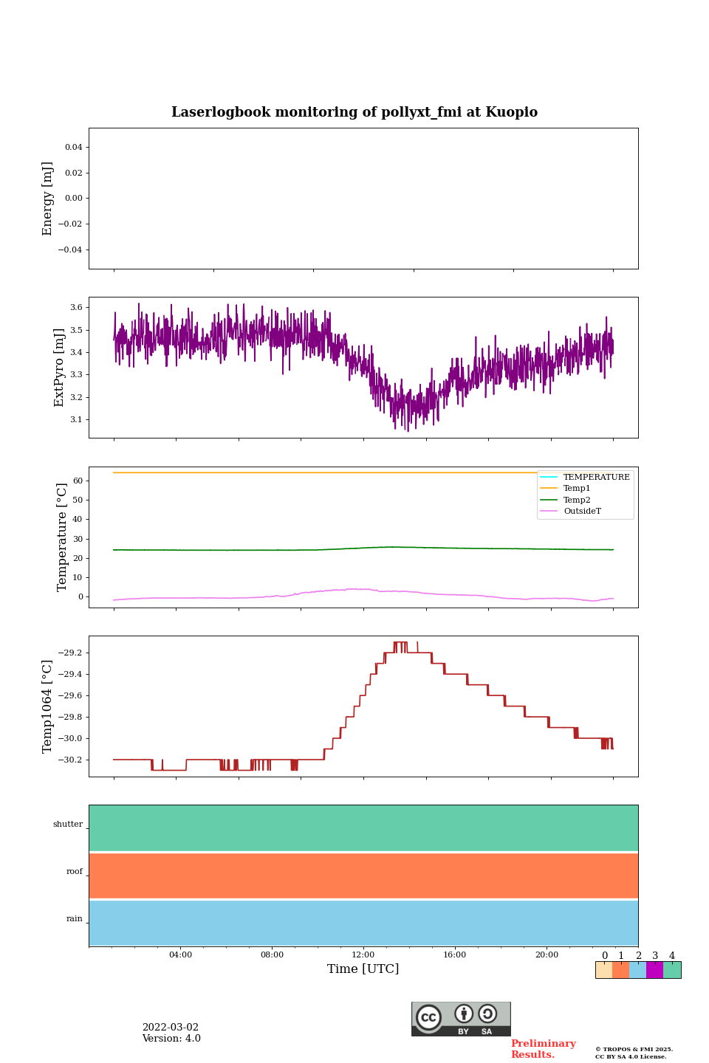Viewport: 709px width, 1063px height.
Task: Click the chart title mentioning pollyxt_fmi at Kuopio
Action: coord(354,112)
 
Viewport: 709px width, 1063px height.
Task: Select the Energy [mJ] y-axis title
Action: coord(48,199)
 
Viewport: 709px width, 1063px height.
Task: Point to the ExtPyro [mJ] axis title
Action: coord(60,368)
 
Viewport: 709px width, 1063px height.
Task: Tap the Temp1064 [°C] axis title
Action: coord(48,706)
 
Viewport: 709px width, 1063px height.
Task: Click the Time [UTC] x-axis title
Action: coord(363,969)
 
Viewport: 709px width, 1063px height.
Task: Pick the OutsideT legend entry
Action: coord(582,512)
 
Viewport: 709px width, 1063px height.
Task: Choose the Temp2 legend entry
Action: coord(577,500)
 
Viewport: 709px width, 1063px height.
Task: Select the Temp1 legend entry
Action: coord(577,489)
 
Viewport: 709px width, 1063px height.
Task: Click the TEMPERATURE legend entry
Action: coord(596,477)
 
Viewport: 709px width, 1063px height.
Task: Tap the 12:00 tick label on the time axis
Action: coord(363,955)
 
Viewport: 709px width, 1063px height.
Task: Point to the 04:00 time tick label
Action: coord(180,955)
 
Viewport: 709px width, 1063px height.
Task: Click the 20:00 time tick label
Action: coord(547,955)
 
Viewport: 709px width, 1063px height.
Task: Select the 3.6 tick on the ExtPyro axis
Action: coord(76,307)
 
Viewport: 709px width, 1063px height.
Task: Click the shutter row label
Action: coord(68,825)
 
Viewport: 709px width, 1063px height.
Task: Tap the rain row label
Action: coord(75,919)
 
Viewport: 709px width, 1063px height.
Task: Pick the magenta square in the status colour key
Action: coord(654,970)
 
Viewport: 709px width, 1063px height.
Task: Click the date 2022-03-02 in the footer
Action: coord(171,1028)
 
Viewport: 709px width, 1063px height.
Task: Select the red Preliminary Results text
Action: coord(543,1049)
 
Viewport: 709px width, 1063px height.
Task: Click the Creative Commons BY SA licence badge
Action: coord(461,1019)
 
